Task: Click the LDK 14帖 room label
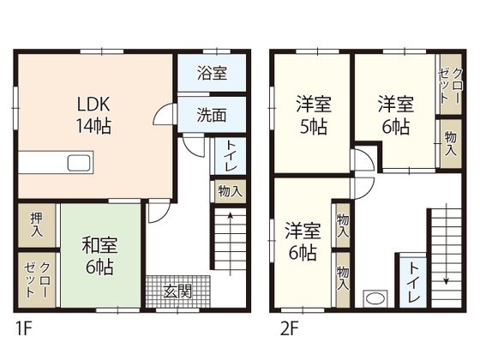(x=93, y=115)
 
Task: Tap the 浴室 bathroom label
(x=212, y=73)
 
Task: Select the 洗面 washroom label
(x=212, y=115)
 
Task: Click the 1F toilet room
(x=231, y=156)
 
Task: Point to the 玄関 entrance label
(x=177, y=291)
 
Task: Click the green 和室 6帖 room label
(x=99, y=255)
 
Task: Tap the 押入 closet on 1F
(x=37, y=225)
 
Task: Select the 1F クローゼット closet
(x=37, y=279)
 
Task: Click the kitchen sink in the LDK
(x=79, y=163)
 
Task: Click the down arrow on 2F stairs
(x=447, y=243)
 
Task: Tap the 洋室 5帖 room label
(x=314, y=115)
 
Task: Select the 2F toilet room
(x=413, y=282)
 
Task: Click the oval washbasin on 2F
(x=375, y=298)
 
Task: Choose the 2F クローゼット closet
(x=450, y=84)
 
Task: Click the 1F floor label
(x=24, y=329)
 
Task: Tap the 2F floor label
(x=290, y=329)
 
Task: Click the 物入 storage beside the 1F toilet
(x=231, y=191)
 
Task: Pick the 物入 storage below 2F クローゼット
(x=450, y=144)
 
